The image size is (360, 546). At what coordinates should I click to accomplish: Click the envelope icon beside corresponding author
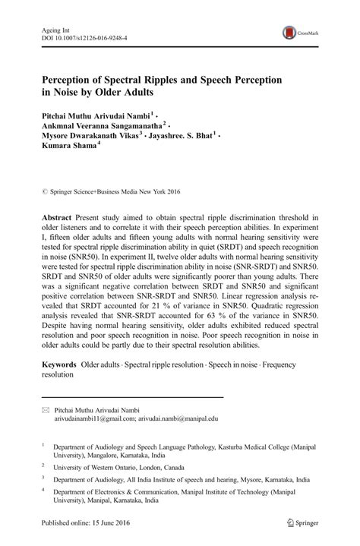pos(45,409)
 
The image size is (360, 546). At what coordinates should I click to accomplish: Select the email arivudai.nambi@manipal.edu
pos(178,418)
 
